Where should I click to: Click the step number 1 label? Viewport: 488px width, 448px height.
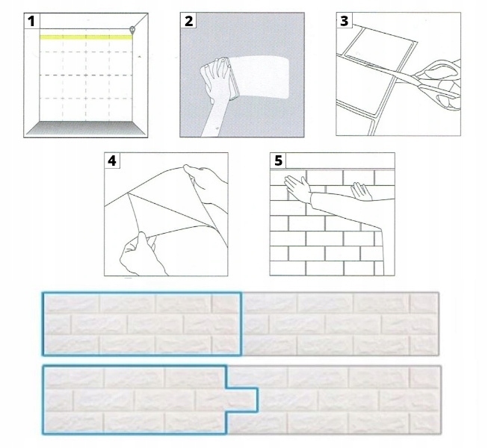(31, 21)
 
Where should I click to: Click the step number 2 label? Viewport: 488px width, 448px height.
(189, 21)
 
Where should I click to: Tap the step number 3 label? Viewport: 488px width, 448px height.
(345, 21)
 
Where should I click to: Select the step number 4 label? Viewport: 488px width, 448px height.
(112, 161)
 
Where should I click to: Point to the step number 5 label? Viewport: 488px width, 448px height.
(278, 161)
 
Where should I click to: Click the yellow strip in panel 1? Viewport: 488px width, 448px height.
(82, 36)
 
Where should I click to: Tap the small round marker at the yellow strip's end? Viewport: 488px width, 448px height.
(132, 30)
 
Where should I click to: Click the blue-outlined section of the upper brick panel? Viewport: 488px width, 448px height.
(142, 323)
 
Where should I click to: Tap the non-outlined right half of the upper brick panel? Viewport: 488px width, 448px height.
(340, 323)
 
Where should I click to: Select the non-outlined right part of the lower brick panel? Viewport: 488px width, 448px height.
(351, 400)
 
